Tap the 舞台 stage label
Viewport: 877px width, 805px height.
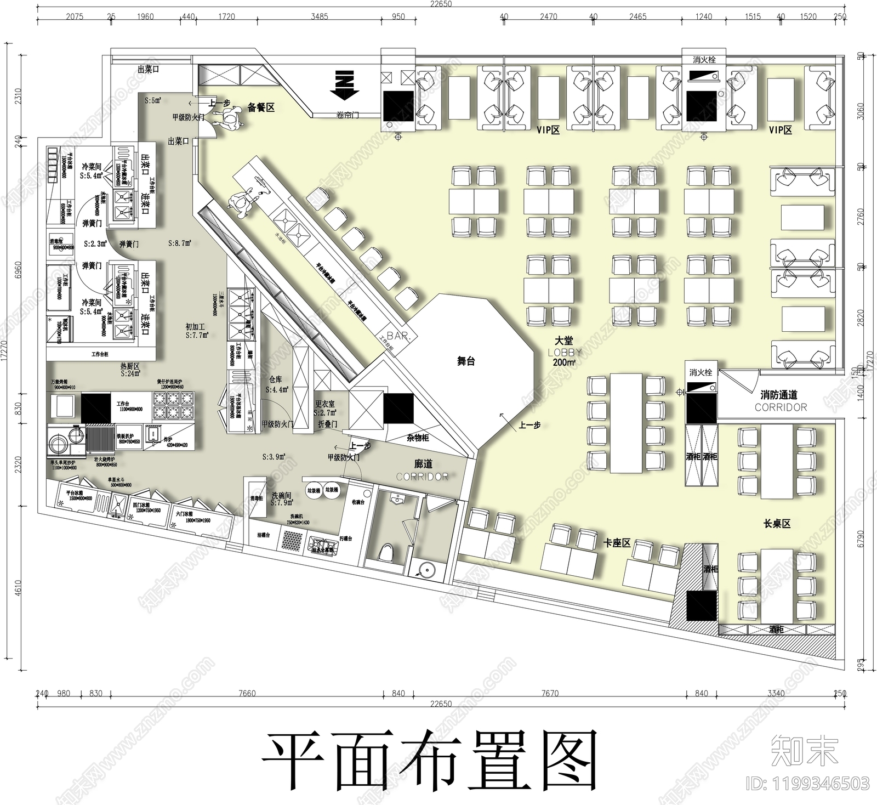click(x=466, y=361)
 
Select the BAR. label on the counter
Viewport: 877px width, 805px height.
click(x=398, y=336)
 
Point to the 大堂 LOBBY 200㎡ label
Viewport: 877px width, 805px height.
click(x=564, y=352)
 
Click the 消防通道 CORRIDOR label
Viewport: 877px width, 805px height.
click(x=780, y=401)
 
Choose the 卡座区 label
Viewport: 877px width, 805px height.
click(x=617, y=543)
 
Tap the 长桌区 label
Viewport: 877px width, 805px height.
click(x=777, y=524)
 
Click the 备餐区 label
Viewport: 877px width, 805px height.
click(x=261, y=107)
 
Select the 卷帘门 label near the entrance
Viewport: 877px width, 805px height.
click(x=348, y=116)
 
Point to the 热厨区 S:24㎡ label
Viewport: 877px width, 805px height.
click(x=130, y=369)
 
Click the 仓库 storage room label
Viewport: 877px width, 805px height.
click(x=276, y=384)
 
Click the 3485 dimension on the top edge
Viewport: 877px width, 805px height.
click(x=320, y=16)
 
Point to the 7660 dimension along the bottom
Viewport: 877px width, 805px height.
click(x=247, y=693)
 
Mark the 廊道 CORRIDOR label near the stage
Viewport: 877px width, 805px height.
click(x=423, y=470)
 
